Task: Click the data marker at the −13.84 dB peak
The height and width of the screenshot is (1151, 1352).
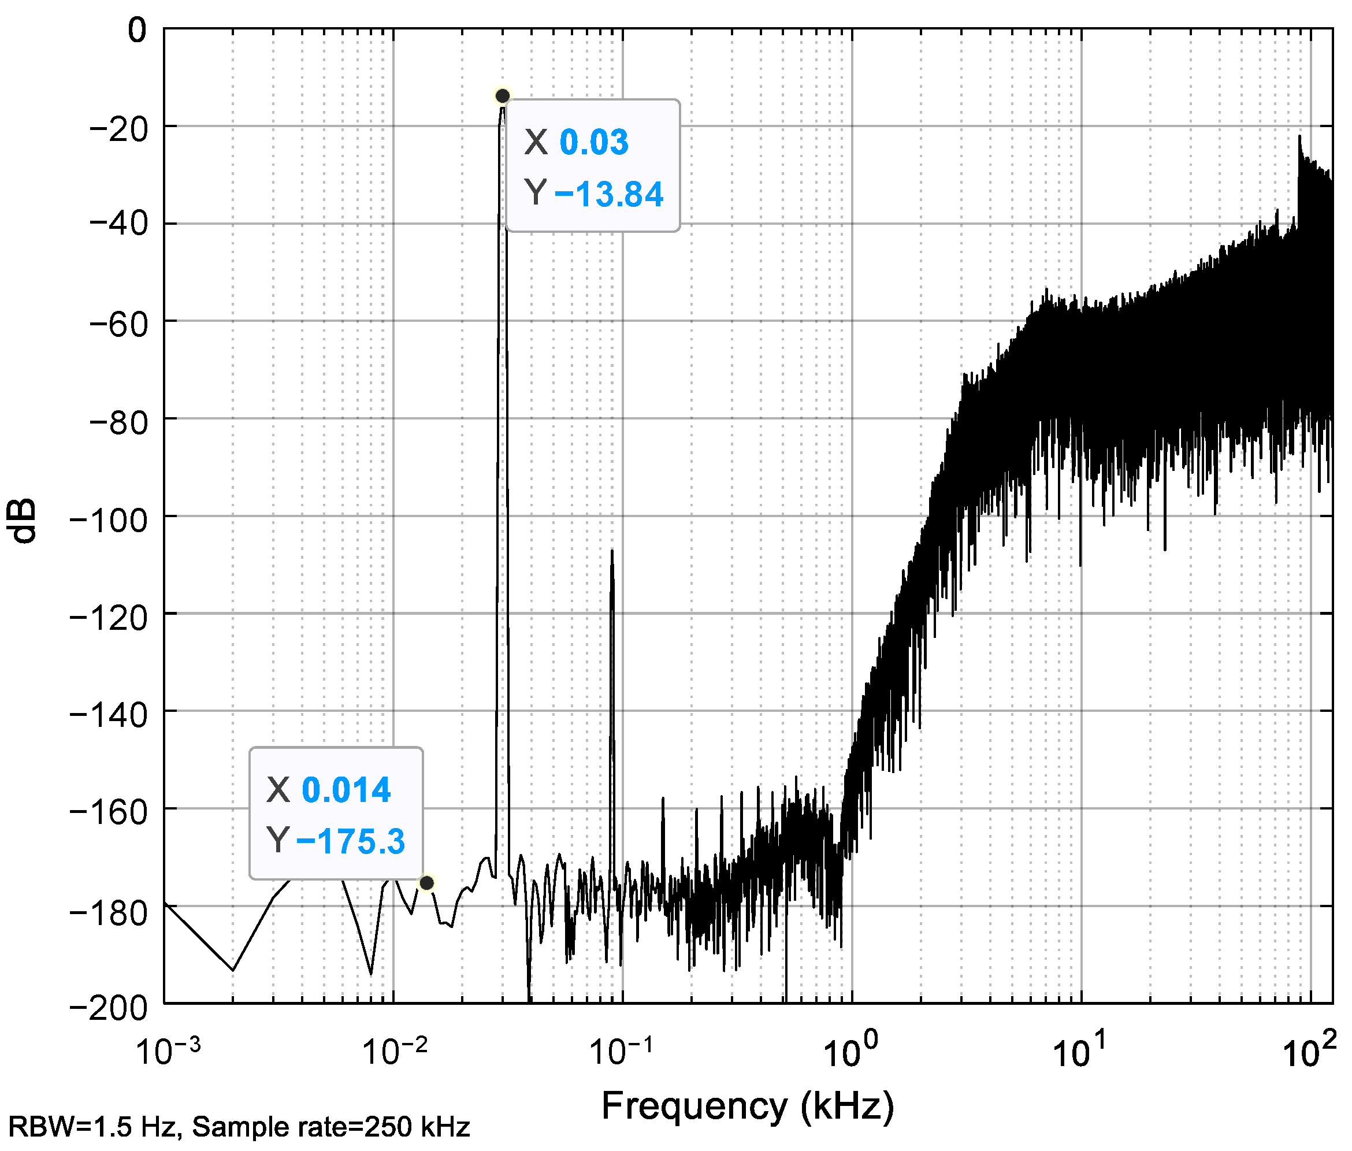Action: click(x=503, y=96)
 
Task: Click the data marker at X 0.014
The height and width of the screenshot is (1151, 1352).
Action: click(x=427, y=883)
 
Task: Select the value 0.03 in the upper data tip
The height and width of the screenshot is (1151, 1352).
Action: click(x=594, y=142)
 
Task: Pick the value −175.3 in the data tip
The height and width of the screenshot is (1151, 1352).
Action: click(x=350, y=841)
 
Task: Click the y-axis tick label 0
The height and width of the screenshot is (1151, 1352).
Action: click(x=138, y=30)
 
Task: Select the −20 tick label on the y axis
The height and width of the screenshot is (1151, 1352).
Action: click(x=118, y=128)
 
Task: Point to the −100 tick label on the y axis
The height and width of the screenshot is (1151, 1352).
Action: click(x=108, y=518)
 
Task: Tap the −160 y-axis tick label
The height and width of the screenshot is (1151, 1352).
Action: click(x=108, y=811)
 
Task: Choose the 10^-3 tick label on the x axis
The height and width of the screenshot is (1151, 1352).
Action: click(x=168, y=1051)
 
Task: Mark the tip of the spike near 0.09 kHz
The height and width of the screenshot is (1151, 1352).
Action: click(x=612, y=551)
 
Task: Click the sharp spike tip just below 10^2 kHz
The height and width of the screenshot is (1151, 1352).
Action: click(x=1299, y=136)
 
